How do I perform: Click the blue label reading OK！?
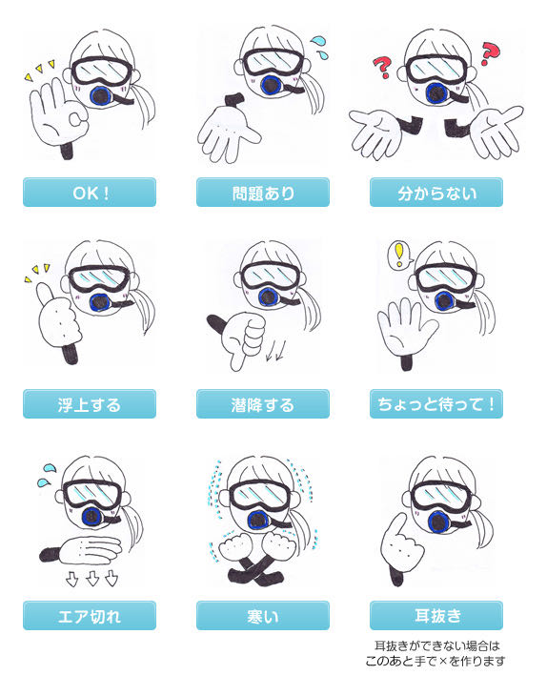point(90,193)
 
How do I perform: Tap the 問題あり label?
point(263,193)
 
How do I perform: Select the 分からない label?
point(436,193)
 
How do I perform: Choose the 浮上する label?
point(90,404)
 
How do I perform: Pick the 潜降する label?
point(263,404)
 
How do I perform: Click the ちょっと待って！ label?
point(436,404)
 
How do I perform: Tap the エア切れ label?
point(90,616)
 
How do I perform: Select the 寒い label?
point(263,616)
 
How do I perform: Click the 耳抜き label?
point(436,616)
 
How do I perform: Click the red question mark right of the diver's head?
point(490,54)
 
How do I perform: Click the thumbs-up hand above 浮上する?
point(58,317)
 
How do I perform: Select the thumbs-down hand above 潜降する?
point(242,338)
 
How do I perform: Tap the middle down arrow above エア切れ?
point(91,579)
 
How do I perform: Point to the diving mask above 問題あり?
point(272,62)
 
